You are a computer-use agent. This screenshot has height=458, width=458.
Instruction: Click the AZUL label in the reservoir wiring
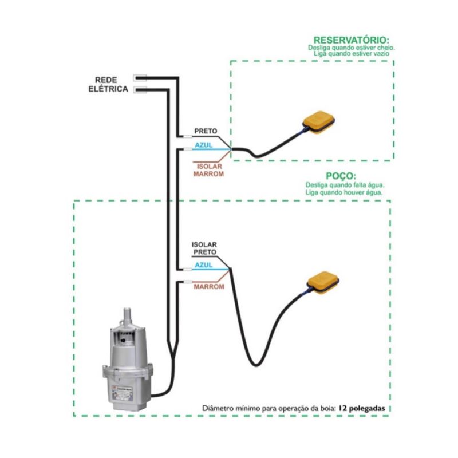(x=204, y=145)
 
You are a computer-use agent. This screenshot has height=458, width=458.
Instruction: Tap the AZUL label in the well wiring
(x=204, y=265)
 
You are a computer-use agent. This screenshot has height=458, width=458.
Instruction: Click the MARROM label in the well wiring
(x=208, y=286)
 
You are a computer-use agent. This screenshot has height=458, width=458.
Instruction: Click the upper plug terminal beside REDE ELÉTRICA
(x=140, y=77)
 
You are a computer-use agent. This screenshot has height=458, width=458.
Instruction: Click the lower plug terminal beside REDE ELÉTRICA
(x=140, y=90)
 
